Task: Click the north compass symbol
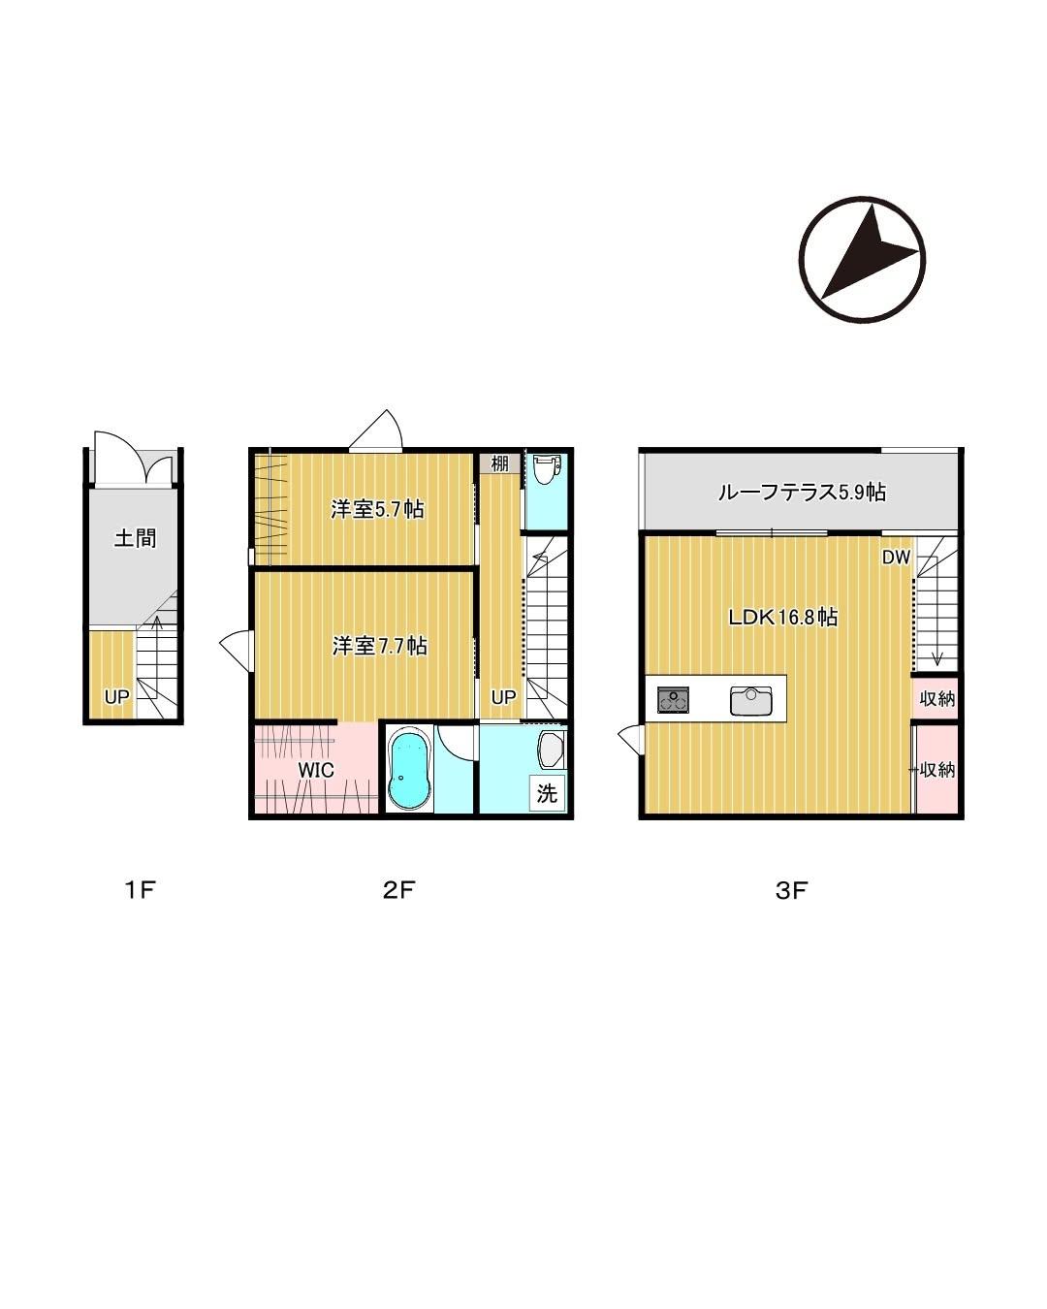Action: click(x=862, y=259)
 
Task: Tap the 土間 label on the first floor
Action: click(x=135, y=538)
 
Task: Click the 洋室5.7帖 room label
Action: click(x=377, y=508)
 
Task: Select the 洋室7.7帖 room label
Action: click(x=380, y=646)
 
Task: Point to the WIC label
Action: click(x=316, y=770)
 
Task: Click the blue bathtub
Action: click(x=409, y=769)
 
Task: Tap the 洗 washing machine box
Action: click(x=547, y=793)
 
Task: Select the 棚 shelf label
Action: click(x=499, y=463)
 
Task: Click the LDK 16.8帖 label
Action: click(x=783, y=617)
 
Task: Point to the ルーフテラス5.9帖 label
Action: click(x=801, y=492)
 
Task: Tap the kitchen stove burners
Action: click(x=673, y=699)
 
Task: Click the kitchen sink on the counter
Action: click(x=750, y=701)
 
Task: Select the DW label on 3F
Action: click(x=896, y=558)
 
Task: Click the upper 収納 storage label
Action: click(x=936, y=699)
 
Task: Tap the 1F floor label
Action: click(x=141, y=890)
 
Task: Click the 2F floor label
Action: click(x=399, y=890)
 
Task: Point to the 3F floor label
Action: click(x=791, y=890)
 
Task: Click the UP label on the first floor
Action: click(x=116, y=697)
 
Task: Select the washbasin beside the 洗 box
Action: click(x=551, y=750)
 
